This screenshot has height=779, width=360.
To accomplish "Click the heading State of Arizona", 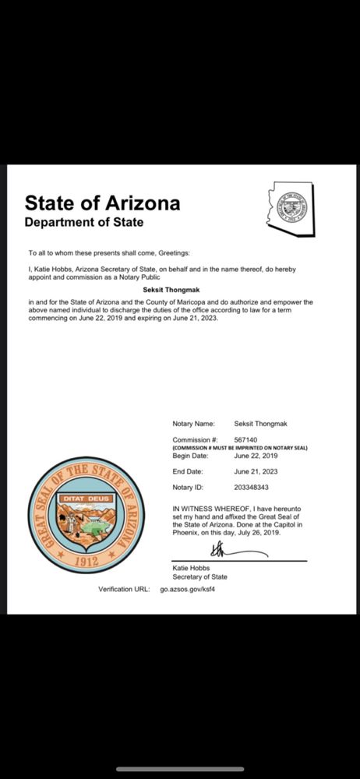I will [x=102, y=203].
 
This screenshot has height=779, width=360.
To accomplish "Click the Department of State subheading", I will [x=84, y=223].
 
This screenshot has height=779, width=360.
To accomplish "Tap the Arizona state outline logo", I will [x=291, y=209].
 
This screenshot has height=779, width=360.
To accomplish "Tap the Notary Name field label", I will [x=193, y=424].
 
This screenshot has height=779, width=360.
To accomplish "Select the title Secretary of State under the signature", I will [x=199, y=577].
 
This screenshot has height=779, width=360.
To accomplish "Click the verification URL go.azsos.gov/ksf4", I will [x=187, y=590].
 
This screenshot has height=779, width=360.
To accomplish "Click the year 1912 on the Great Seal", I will [x=86, y=561].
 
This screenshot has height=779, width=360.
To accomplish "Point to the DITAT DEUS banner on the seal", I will [x=86, y=498].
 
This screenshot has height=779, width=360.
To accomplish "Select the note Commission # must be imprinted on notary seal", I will [x=240, y=448].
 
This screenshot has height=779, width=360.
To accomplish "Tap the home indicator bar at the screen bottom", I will [x=180, y=769].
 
